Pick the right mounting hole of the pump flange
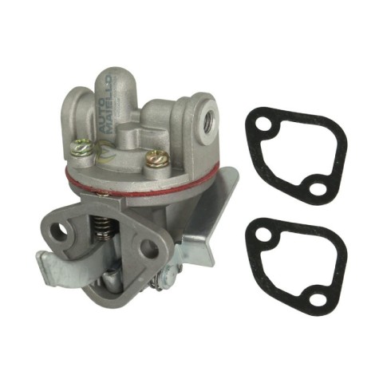[148, 249]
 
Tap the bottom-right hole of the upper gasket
[318, 189]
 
